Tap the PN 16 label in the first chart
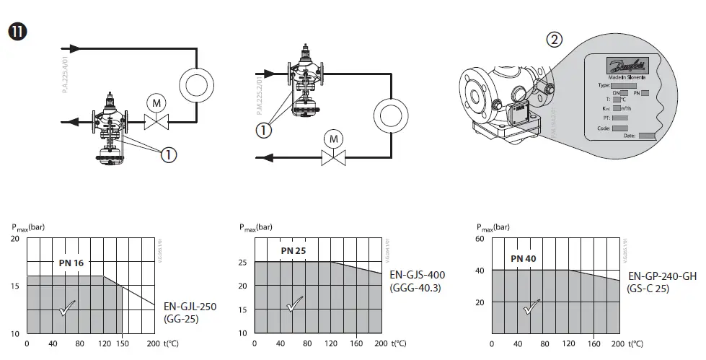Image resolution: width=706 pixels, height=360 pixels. (x=71, y=263)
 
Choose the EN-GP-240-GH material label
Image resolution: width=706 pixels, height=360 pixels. (x=663, y=276)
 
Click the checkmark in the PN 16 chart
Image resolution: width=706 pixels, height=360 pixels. (x=68, y=308)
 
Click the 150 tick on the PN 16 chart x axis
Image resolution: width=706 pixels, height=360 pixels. (x=123, y=344)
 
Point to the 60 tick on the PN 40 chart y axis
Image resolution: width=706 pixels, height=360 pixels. (x=478, y=239)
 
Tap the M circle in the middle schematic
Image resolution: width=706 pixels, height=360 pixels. (x=332, y=138)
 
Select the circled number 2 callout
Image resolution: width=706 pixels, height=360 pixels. (x=555, y=40)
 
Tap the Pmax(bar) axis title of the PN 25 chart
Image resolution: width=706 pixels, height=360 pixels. (x=255, y=227)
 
